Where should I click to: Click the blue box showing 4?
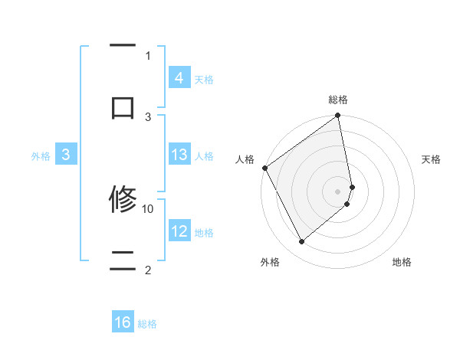[x=179, y=78]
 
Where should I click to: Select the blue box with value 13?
[x=179, y=155]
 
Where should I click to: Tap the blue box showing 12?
[x=179, y=231]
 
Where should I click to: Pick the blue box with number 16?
[x=123, y=322]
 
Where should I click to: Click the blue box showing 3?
[x=66, y=155]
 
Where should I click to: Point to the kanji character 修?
[x=123, y=200]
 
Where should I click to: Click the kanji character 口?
[x=123, y=106]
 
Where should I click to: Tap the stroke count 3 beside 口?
[x=148, y=116]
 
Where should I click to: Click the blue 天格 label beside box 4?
[x=204, y=80]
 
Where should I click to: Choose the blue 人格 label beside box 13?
[x=204, y=156]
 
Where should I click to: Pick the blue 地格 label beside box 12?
[x=204, y=233]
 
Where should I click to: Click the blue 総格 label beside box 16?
[x=147, y=324]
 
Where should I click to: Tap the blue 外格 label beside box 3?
[x=41, y=156]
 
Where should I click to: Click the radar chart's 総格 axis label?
[x=338, y=100]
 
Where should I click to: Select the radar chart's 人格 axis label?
[x=245, y=159]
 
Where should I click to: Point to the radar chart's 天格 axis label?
[x=432, y=159]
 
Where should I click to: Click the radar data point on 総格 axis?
[x=338, y=116]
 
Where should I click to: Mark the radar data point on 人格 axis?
[x=264, y=168]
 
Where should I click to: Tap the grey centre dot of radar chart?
[x=338, y=191]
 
